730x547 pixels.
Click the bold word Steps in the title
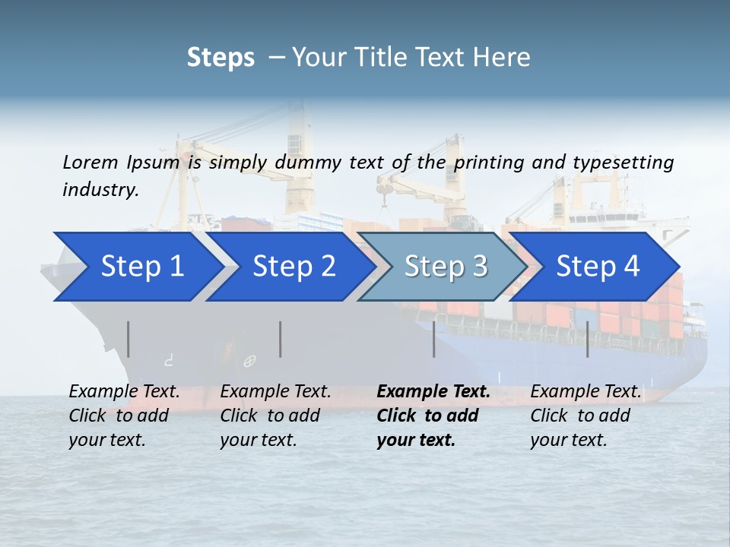(x=221, y=58)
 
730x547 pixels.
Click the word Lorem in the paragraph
(x=90, y=162)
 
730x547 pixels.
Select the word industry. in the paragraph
(x=100, y=189)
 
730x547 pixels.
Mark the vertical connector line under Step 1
(x=129, y=339)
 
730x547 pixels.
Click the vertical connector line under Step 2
(x=281, y=339)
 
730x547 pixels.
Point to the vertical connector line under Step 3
(x=434, y=339)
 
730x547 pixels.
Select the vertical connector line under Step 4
(x=587, y=339)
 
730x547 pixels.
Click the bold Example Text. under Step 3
(x=433, y=392)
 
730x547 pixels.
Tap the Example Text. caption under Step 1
(x=124, y=392)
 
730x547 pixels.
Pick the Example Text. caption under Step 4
(x=586, y=392)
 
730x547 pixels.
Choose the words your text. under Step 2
(x=258, y=440)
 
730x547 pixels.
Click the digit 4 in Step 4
(x=631, y=267)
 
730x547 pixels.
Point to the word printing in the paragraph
(x=490, y=162)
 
